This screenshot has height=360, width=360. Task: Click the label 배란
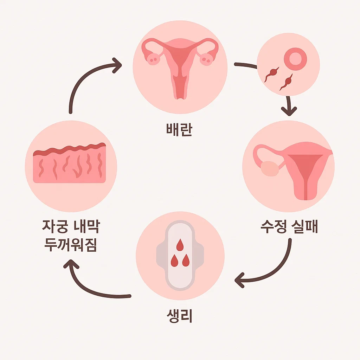click(x=180, y=129)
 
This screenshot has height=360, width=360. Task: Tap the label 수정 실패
click(x=289, y=227)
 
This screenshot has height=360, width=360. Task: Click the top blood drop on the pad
click(x=180, y=245)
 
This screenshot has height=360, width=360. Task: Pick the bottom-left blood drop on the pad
click(x=173, y=261)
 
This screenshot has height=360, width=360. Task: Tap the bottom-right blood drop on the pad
click(x=186, y=261)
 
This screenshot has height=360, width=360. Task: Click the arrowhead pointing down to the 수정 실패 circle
click(x=289, y=111)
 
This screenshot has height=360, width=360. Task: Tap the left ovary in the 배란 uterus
click(x=153, y=59)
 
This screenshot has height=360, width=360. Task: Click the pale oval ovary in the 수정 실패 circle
click(x=270, y=168)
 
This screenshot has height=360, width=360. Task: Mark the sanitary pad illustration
click(x=180, y=255)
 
